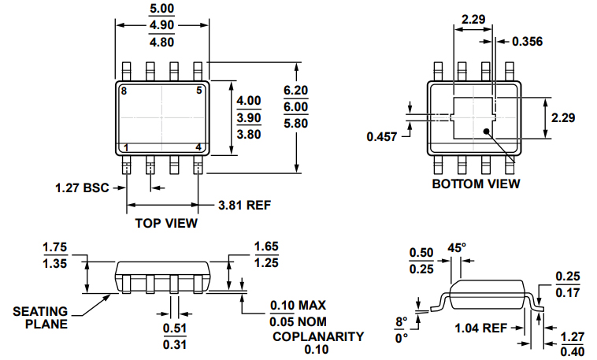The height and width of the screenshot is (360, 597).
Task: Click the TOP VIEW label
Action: [165, 223]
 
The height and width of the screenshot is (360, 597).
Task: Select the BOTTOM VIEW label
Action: [476, 184]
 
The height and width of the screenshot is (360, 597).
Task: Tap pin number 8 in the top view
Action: [124, 91]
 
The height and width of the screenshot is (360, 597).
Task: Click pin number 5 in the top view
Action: [198, 91]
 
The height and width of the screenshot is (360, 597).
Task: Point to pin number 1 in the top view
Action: [124, 147]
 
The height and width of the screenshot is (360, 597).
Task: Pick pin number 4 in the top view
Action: [198, 147]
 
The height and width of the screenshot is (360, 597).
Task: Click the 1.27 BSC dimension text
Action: [82, 187]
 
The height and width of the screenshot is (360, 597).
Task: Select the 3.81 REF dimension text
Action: [244, 206]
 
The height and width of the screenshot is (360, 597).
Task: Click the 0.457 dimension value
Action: [383, 137]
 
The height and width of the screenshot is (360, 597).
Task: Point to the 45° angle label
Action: [457, 247]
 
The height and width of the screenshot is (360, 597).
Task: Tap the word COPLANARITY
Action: [317, 336]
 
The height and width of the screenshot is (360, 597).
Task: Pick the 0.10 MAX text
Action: [298, 305]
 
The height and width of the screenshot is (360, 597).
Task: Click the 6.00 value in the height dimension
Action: [295, 107]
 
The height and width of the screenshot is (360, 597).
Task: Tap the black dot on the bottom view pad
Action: [487, 132]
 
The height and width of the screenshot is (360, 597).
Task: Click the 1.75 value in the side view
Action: [54, 247]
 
